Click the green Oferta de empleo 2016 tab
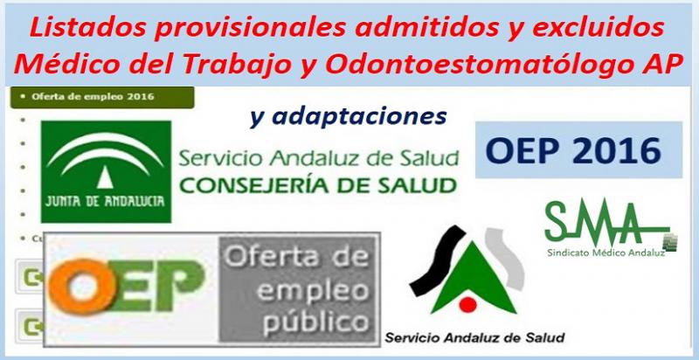coord(102,97)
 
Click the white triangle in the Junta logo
coord(105,177)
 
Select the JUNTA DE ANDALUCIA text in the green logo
coord(105,201)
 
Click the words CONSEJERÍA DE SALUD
coord(318,185)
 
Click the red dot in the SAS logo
coord(468,305)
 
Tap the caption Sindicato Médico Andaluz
coord(606,253)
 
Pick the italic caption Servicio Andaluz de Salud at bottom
coord(474,337)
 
